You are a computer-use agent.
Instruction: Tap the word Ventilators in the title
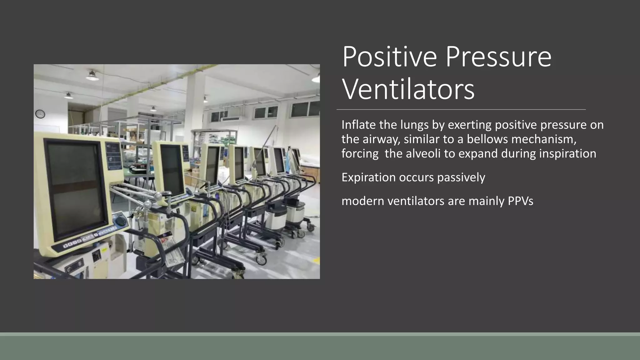408,90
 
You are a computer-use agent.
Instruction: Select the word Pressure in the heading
498,57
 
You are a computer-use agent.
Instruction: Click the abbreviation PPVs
520,201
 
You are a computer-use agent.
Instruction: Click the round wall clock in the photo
40,114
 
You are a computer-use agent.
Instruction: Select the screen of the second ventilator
172,169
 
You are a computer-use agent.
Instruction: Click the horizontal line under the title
461,110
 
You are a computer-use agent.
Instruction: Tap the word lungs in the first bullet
414,125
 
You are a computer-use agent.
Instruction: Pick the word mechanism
544,139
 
